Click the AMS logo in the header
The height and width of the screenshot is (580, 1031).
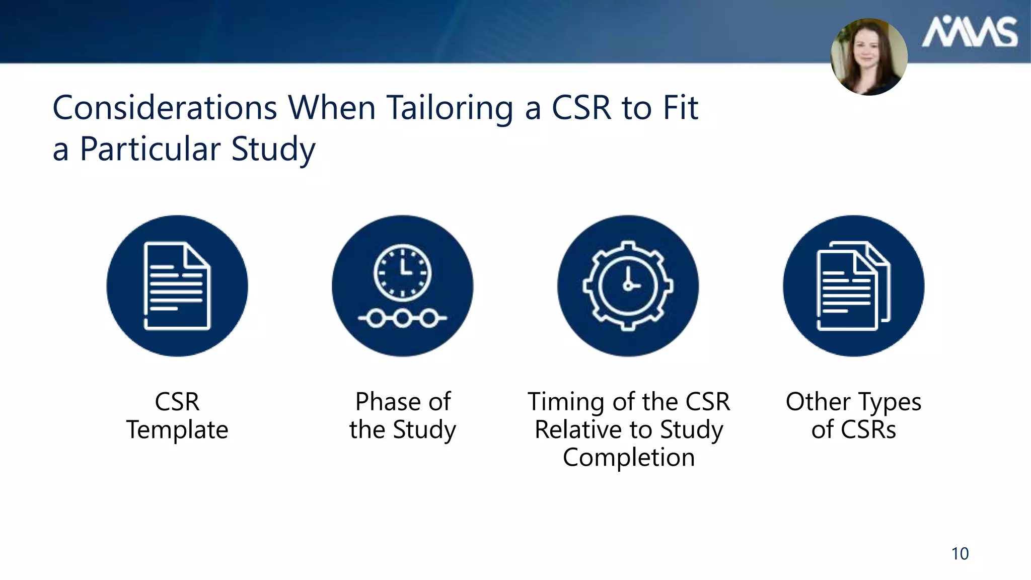[x=969, y=32]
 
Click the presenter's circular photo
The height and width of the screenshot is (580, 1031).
[x=869, y=56]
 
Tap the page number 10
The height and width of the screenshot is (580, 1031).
[x=960, y=553]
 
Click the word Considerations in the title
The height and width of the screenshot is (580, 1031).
[x=165, y=108]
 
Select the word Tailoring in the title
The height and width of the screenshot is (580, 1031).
[x=450, y=108]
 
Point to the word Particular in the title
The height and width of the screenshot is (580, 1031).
[x=150, y=149]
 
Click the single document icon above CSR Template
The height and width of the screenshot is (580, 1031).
[x=177, y=286]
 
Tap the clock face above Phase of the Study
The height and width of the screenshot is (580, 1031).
[x=402, y=272]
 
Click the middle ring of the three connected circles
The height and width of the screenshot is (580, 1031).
[x=402, y=318]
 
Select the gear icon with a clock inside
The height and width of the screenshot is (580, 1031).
[x=628, y=285]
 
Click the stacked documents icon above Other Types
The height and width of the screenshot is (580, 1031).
[x=853, y=286]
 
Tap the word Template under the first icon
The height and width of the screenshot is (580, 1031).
[x=177, y=430]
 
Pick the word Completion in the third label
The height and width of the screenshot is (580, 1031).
[x=629, y=458]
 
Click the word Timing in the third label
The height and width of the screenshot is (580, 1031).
[x=566, y=402]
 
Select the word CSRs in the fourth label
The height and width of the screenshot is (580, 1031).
[x=868, y=430]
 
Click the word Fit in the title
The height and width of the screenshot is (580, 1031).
[x=680, y=108]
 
